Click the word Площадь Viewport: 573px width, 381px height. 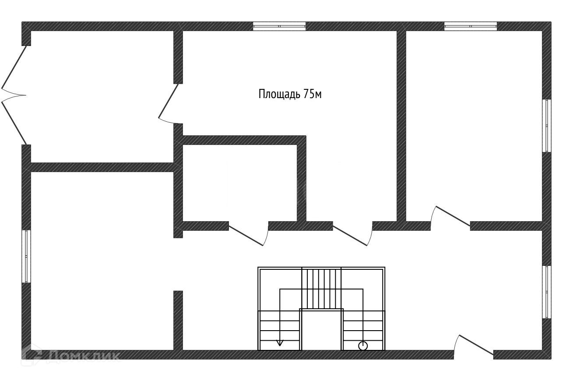(x=279, y=94)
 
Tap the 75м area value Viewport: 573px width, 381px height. (x=313, y=94)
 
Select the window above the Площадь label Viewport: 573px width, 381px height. (x=279, y=26)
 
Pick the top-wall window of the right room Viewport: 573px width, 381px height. (x=471, y=26)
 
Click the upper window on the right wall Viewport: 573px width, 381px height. (x=546, y=126)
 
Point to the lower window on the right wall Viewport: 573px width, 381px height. (x=546, y=292)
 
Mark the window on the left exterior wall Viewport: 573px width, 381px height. (x=26, y=256)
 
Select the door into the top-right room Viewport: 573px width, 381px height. (x=451, y=217)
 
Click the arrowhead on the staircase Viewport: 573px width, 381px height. (x=280, y=343)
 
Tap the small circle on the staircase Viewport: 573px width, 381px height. (x=362, y=346)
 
